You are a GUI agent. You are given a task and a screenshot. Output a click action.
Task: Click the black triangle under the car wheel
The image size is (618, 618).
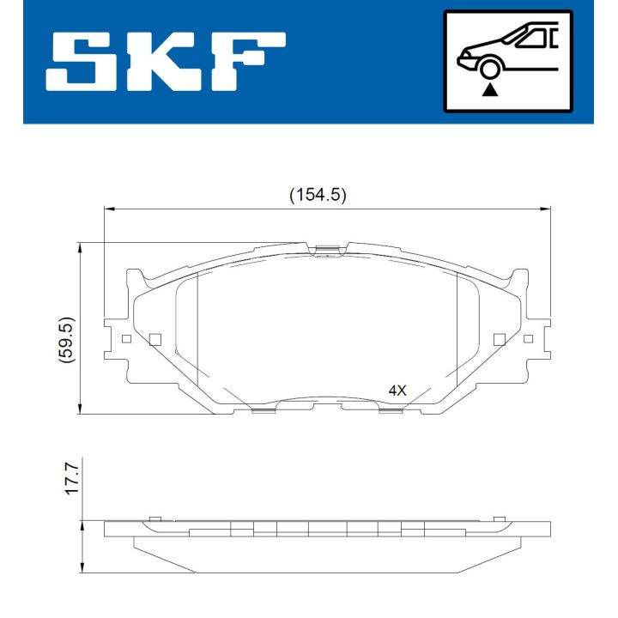point(490,88)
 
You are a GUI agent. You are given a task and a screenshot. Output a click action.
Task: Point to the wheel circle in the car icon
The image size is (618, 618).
point(490,67)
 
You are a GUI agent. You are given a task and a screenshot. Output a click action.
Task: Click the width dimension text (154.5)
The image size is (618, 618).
point(317,195)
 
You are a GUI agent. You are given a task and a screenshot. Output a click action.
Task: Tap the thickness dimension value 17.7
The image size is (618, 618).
point(72,476)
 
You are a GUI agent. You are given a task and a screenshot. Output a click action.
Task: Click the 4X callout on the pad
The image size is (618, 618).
point(397,390)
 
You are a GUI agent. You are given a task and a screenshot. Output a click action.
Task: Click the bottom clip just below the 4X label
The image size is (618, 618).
point(391,409)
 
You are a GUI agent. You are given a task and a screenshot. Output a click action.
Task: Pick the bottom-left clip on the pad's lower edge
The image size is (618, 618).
point(263,409)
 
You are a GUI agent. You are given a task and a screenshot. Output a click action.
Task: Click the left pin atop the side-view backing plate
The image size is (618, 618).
point(154,518)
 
